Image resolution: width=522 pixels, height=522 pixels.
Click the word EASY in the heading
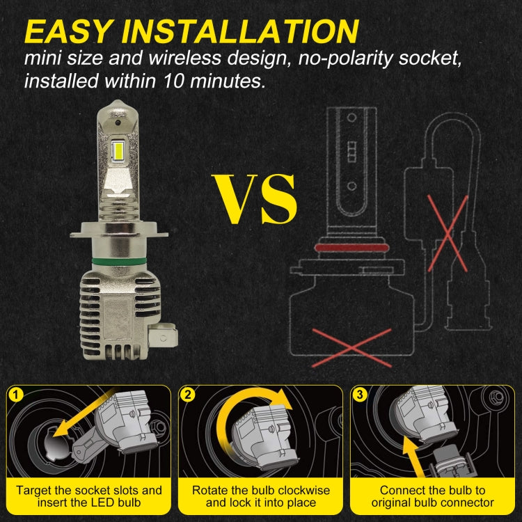pos(68,31)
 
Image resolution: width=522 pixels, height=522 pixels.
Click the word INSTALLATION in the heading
pos(240,31)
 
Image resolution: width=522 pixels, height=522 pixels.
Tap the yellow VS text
pos(255,199)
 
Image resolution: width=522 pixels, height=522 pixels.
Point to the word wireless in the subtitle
pos(184,58)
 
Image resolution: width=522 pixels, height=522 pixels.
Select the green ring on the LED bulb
pos(119,261)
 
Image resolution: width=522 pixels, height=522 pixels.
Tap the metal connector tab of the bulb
pos(163,337)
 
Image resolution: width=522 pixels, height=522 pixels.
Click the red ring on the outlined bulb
pos(352,248)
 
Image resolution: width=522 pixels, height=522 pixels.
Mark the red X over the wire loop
pos(448,233)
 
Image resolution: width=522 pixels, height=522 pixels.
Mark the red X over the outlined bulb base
pos(351,348)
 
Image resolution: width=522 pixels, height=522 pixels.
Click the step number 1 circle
pos(16,395)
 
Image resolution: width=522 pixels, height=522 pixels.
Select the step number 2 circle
pos(188,395)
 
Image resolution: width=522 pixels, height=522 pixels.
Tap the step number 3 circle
pos(360,395)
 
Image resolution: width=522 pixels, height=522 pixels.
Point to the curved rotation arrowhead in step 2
pos(283,399)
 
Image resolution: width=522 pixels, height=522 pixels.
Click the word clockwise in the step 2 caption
pos(303,491)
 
